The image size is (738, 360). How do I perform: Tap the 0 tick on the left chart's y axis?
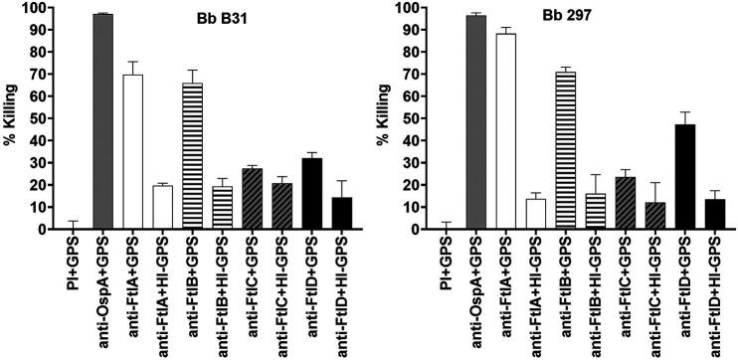43,229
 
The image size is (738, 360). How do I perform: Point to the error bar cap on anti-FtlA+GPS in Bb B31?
131,62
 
